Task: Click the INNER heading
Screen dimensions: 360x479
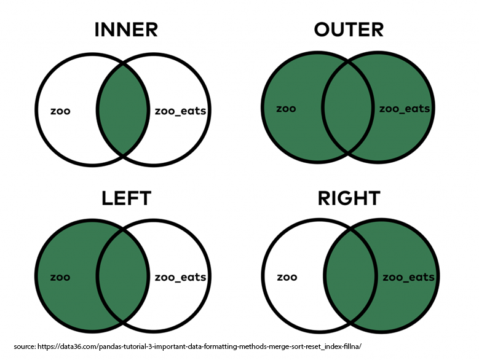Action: click(x=125, y=29)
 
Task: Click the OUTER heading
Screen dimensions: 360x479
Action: click(x=348, y=29)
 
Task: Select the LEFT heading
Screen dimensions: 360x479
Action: click(x=126, y=198)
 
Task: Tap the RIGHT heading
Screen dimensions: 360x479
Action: click(x=349, y=198)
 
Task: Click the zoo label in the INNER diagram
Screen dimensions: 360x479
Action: click(x=60, y=111)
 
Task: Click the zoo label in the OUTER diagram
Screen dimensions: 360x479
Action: click(x=286, y=109)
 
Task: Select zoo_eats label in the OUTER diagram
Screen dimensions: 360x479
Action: click(x=404, y=109)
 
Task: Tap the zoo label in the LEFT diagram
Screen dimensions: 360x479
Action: click(x=60, y=277)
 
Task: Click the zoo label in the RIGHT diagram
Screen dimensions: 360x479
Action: click(x=287, y=277)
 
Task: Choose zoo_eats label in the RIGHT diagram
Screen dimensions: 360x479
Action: click(x=408, y=277)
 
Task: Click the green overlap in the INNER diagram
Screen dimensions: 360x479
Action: click(x=122, y=111)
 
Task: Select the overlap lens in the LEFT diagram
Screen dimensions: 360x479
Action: click(x=122, y=277)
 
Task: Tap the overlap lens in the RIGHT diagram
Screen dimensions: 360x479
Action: click(x=349, y=277)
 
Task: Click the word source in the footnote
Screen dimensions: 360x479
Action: click(x=24, y=346)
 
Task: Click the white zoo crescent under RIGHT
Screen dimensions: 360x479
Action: click(x=289, y=301)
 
